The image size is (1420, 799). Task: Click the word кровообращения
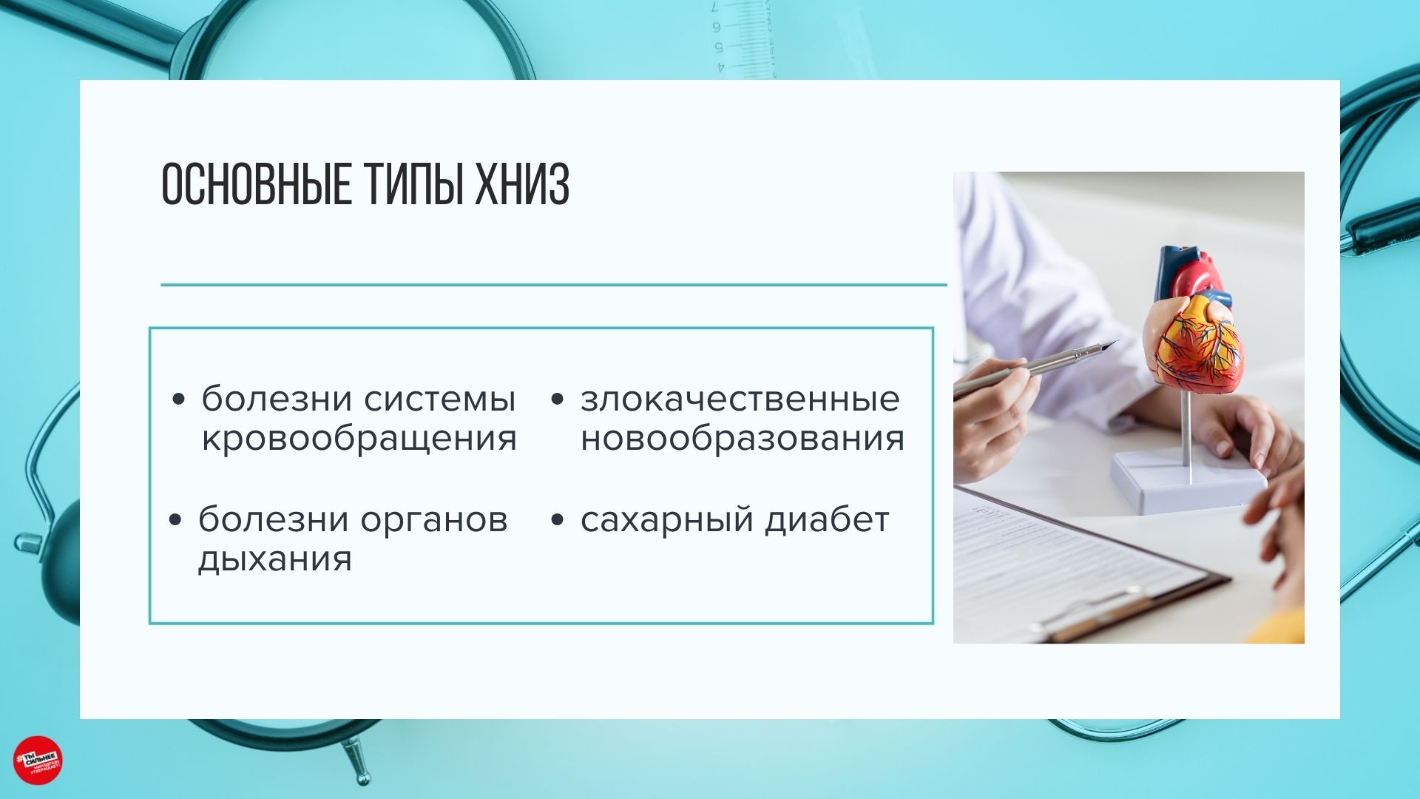pyautogui.click(x=359, y=439)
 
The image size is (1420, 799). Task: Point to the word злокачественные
pyautogui.click(x=740, y=399)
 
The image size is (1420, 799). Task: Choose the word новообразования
pyautogui.click(x=742, y=438)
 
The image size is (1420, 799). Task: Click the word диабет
pyautogui.click(x=827, y=519)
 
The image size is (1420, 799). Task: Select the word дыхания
pyautogui.click(x=274, y=559)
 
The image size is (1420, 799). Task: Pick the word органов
pyautogui.click(x=434, y=521)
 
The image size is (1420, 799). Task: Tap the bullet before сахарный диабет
pyautogui.click(x=558, y=520)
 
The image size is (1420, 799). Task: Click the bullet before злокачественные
pyautogui.click(x=558, y=400)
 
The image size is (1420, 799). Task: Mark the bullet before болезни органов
pyautogui.click(x=175, y=520)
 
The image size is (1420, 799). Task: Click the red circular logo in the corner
pyautogui.click(x=38, y=760)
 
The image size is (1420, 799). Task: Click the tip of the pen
pyautogui.click(x=1115, y=343)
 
